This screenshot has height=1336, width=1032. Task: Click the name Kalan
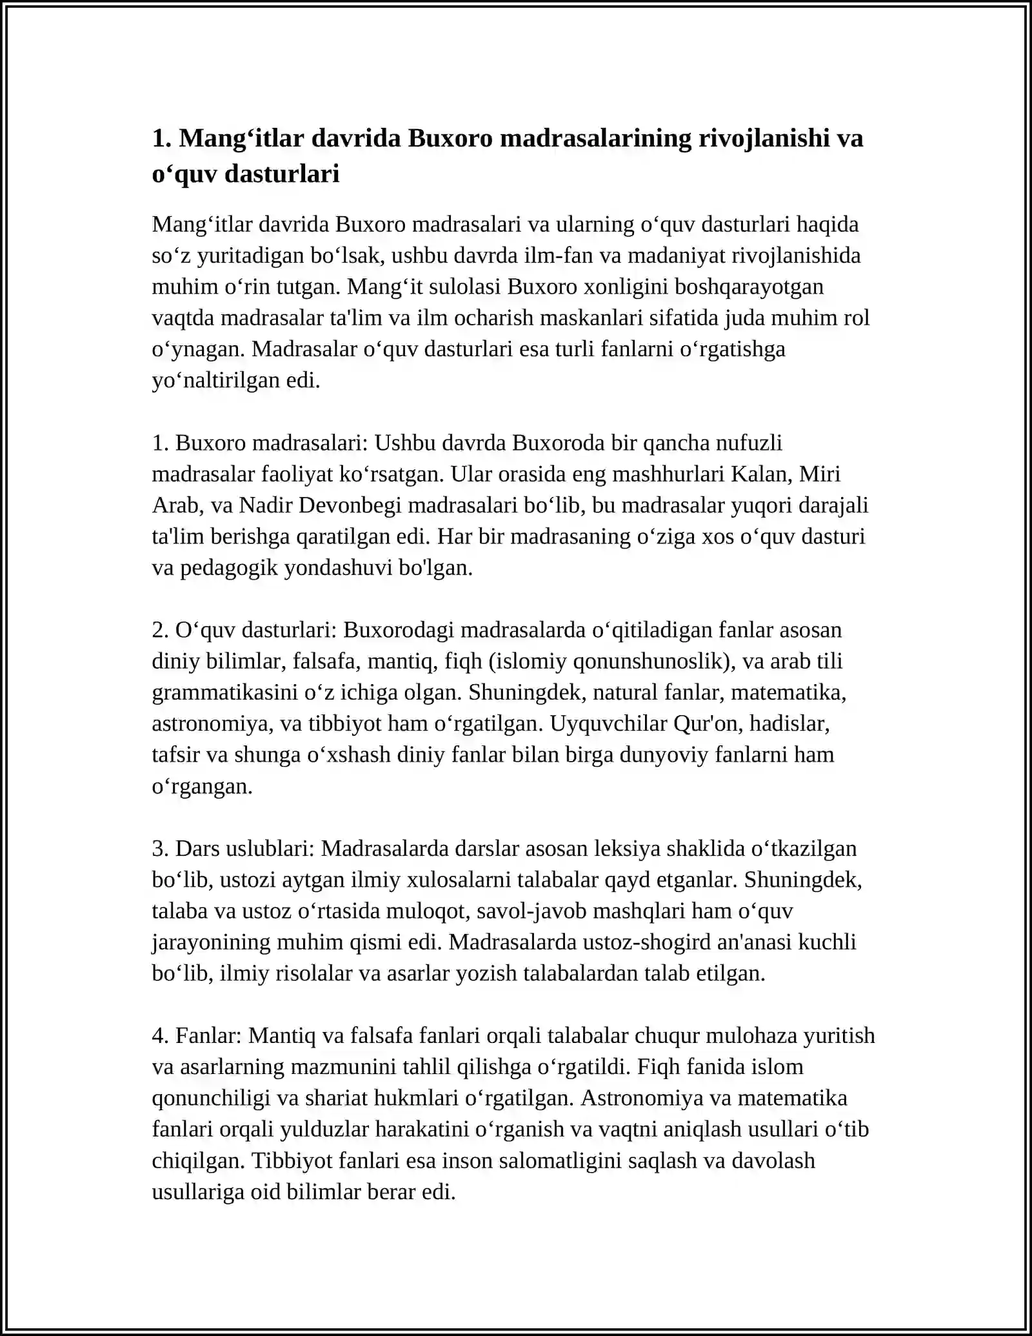click(761, 474)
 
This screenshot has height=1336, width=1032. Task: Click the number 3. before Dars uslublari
click(161, 849)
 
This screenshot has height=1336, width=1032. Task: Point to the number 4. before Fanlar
click(161, 1036)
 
